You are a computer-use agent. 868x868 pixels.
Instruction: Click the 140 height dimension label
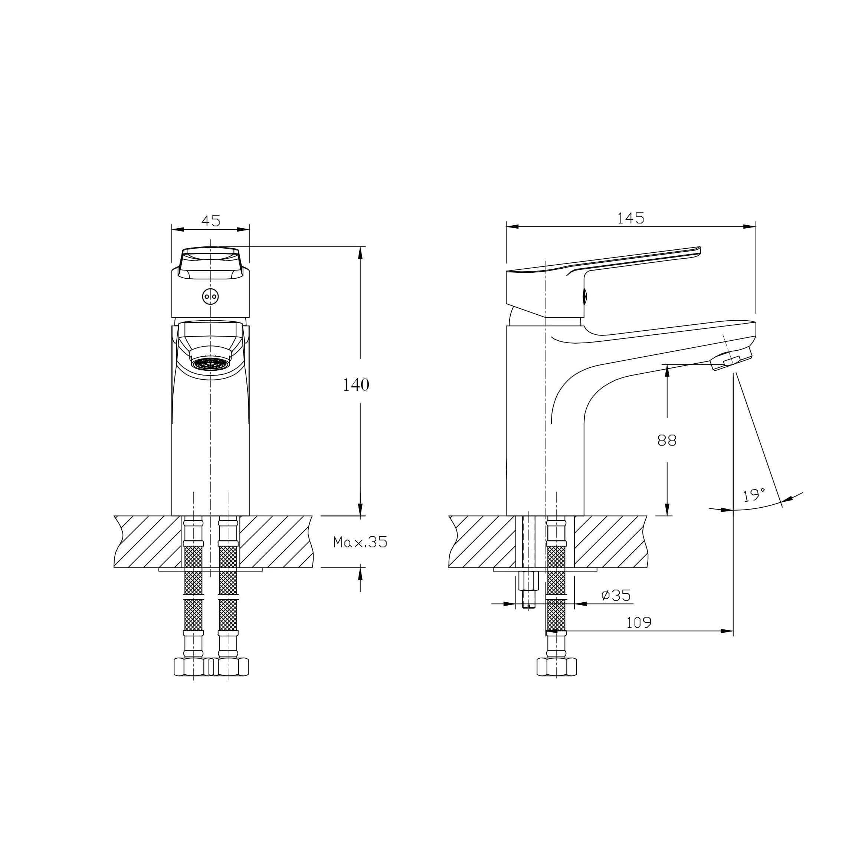[x=356, y=384]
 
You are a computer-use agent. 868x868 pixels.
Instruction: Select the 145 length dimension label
[x=631, y=218]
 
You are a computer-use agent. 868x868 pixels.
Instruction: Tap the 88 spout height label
[x=667, y=440]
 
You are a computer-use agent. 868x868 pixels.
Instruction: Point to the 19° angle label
[x=754, y=495]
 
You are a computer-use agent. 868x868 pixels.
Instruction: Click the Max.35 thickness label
[x=360, y=542]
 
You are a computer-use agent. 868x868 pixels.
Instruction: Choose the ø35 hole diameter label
[x=616, y=595]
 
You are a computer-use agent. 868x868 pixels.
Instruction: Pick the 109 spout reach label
[x=638, y=622]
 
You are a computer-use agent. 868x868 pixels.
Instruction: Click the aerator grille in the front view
[x=211, y=363]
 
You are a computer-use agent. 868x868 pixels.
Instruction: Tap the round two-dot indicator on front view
[x=210, y=297]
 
